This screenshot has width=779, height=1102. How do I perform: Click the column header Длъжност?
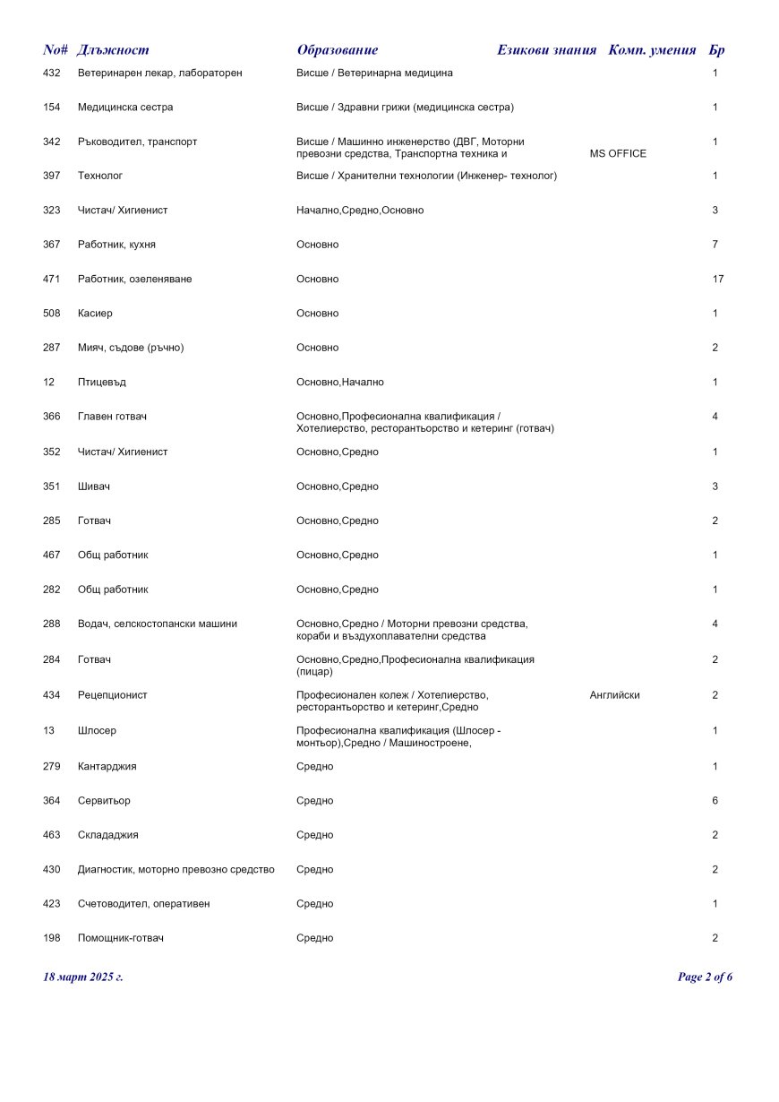(x=113, y=50)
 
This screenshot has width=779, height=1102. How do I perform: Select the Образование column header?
(x=338, y=50)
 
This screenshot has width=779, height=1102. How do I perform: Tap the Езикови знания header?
(x=546, y=50)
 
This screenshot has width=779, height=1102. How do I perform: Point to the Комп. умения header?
(x=652, y=50)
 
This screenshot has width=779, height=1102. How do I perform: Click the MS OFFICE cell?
(x=618, y=154)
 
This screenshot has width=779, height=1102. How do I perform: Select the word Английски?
(x=614, y=695)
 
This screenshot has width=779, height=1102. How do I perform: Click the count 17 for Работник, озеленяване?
(x=717, y=280)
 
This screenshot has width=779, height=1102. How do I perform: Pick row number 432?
(x=52, y=73)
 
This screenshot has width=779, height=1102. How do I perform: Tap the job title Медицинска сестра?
(x=125, y=108)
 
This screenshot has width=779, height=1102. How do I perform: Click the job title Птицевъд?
(x=102, y=383)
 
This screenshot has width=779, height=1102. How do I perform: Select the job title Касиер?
(x=95, y=314)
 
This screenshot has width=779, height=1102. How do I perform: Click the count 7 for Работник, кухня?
(x=715, y=245)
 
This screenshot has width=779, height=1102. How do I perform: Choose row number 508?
(x=52, y=314)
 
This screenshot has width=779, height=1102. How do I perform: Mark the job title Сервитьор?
(x=104, y=801)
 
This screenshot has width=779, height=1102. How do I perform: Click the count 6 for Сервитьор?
(x=715, y=801)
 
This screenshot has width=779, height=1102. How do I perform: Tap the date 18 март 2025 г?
(x=83, y=977)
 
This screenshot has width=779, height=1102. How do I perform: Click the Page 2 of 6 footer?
(x=705, y=977)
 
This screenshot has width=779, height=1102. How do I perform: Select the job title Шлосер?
(x=97, y=731)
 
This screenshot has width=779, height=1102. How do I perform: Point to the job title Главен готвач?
(x=113, y=417)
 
